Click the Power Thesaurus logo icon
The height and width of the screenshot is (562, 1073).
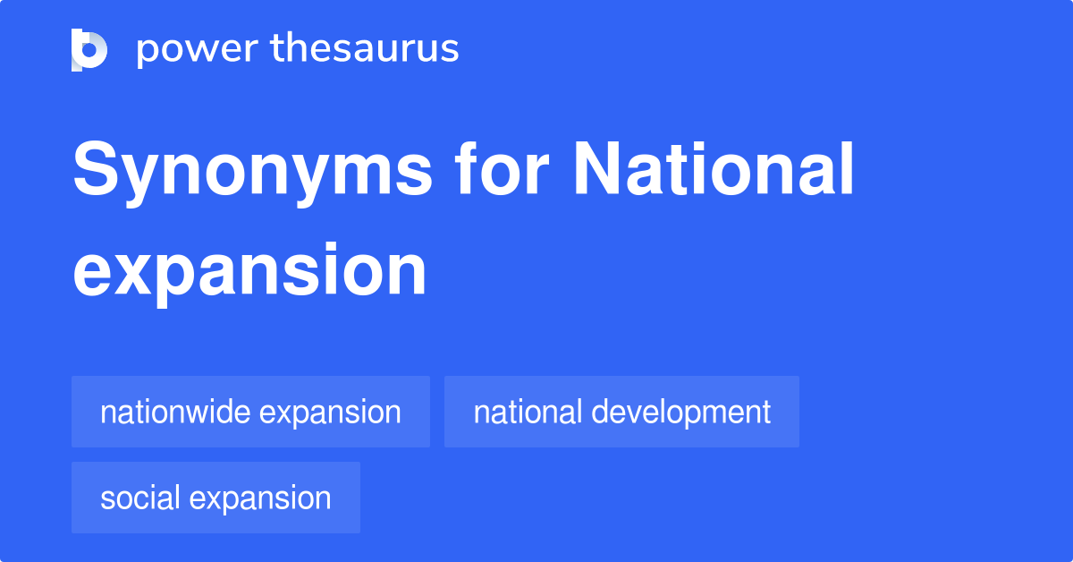point(89,49)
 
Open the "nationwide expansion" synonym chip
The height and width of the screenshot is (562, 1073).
point(250,412)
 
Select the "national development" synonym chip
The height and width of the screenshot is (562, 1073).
point(621,412)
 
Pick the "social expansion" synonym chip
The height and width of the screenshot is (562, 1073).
point(215,498)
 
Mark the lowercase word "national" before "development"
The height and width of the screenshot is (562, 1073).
point(528,412)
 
